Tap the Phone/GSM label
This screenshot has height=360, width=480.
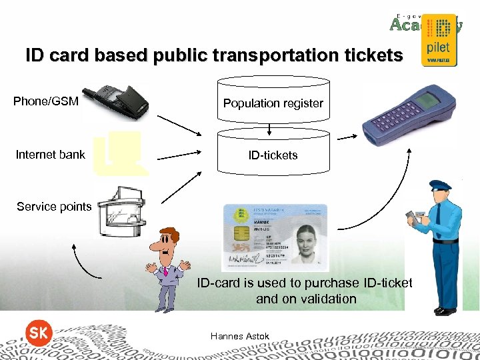click(46, 102)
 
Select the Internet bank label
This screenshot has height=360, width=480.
click(51, 155)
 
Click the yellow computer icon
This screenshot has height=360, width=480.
click(121, 153)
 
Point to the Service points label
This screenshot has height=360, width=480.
click(54, 207)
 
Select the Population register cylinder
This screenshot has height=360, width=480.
click(273, 101)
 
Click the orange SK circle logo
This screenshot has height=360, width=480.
click(38, 334)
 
